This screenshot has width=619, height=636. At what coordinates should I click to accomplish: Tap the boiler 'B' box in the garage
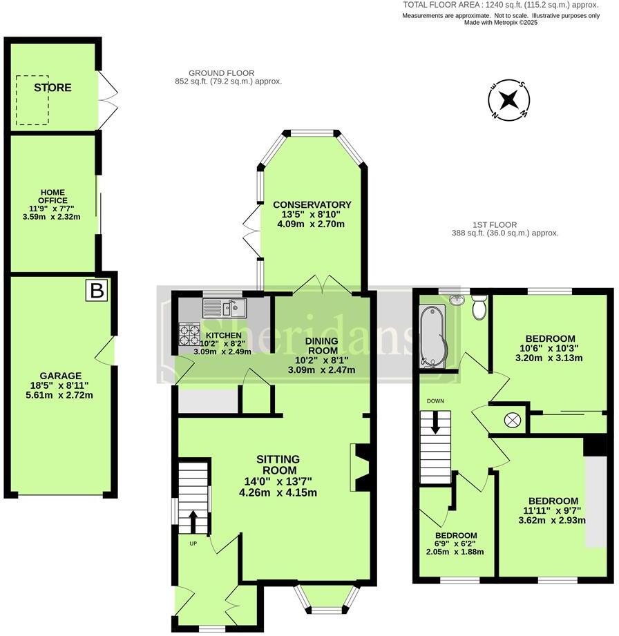[97, 291]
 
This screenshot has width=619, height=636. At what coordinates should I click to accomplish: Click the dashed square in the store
[33, 100]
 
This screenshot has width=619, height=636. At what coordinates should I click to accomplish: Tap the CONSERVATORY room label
[312, 204]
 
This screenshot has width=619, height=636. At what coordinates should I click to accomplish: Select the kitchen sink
[223, 307]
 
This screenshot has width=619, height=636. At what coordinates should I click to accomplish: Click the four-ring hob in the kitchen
[189, 334]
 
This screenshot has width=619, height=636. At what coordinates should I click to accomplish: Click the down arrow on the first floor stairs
[435, 422]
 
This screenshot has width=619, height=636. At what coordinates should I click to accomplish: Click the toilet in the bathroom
[479, 307]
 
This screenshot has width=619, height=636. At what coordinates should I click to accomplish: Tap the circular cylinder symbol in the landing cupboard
[513, 420]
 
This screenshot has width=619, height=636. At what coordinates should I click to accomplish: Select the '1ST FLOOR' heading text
[495, 224]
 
